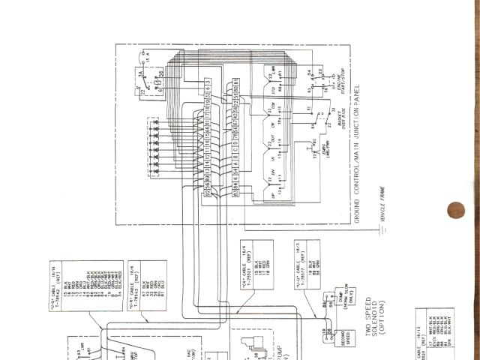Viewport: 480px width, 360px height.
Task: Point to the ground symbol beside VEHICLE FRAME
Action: (x=382, y=228)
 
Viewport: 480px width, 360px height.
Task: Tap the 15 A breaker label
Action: (x=147, y=55)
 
